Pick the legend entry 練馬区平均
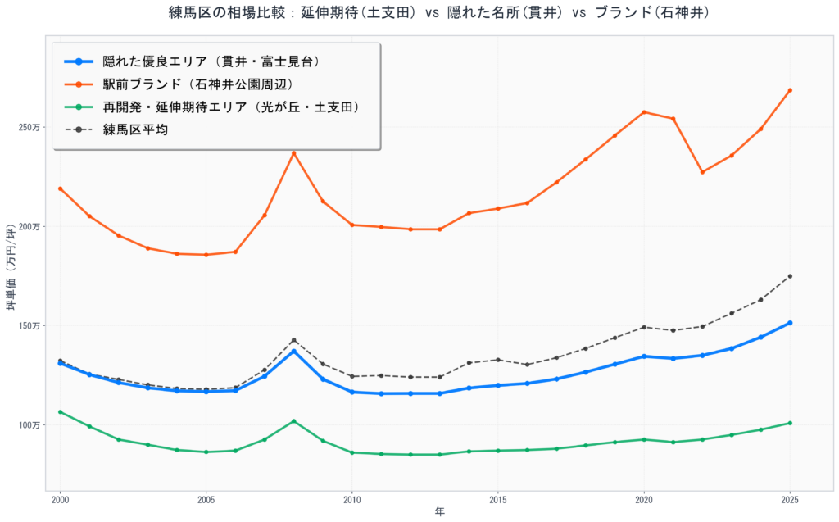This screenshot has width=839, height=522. point(135,129)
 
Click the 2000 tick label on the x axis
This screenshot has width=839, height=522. point(60,498)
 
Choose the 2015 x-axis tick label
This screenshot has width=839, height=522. point(498,498)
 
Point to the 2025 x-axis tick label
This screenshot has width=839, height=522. point(790,498)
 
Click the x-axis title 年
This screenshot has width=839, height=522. point(440,512)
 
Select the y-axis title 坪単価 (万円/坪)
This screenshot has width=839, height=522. point(11,266)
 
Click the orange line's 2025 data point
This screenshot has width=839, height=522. point(790,90)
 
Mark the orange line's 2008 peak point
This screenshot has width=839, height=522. point(293,153)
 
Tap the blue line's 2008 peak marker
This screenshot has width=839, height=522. point(293,351)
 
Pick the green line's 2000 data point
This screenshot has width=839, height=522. point(60,412)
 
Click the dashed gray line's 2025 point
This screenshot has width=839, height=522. point(790,276)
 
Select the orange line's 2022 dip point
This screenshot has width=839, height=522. point(702,172)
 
